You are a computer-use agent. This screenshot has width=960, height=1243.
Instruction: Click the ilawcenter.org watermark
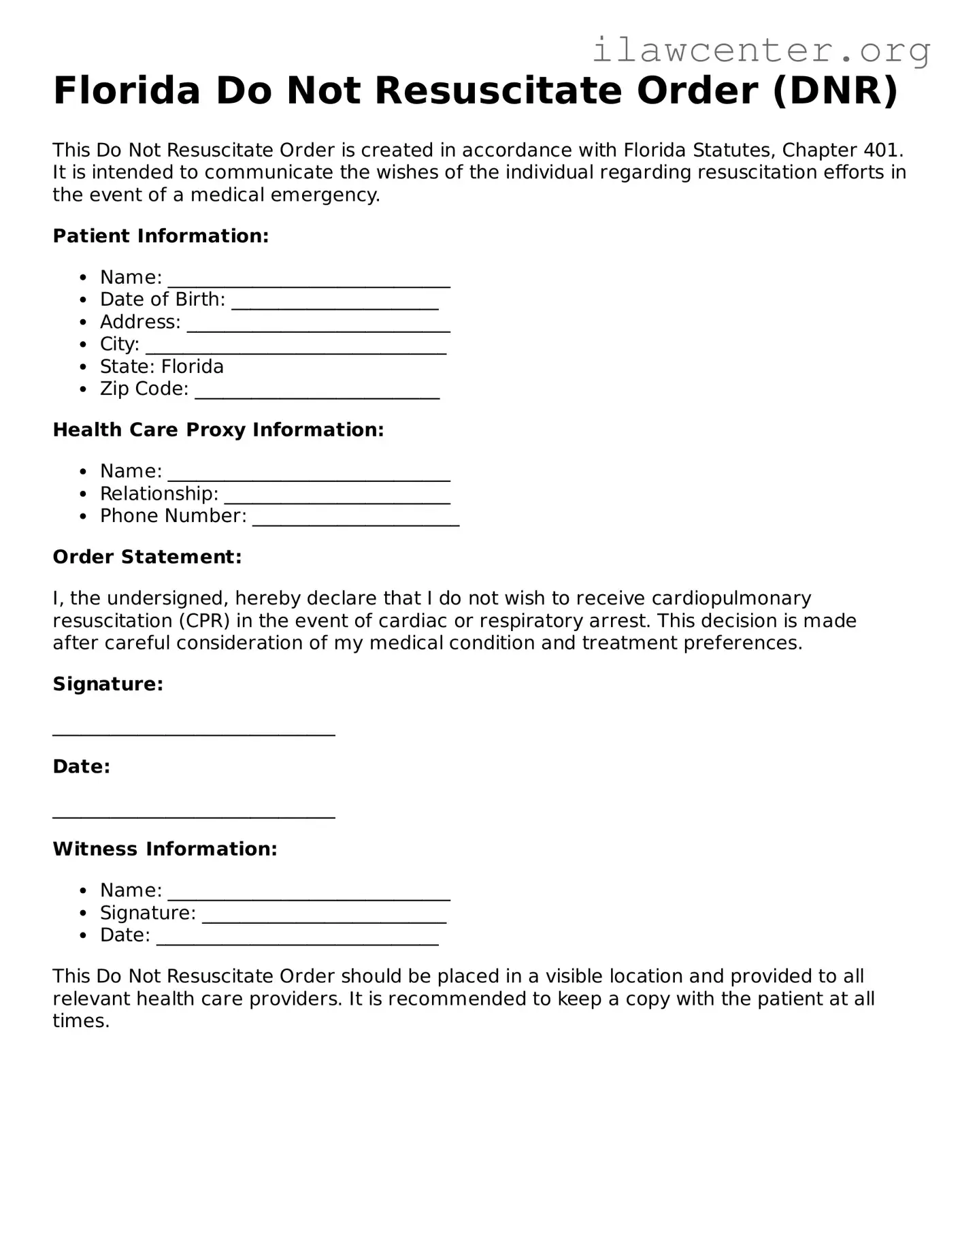(x=761, y=50)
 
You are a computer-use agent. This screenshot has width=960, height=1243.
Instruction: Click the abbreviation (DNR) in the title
(x=835, y=91)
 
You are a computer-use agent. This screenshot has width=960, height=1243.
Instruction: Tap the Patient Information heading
(x=161, y=236)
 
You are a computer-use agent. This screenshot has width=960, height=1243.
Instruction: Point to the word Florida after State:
(x=193, y=367)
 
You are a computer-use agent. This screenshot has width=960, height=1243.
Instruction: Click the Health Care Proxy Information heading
(x=218, y=430)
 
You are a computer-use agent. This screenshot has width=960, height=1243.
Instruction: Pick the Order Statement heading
(x=147, y=557)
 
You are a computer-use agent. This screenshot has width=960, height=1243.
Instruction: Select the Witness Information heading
(x=165, y=849)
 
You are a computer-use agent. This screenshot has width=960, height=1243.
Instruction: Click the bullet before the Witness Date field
(x=83, y=936)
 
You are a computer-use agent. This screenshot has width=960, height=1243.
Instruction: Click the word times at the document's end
(x=80, y=1021)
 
